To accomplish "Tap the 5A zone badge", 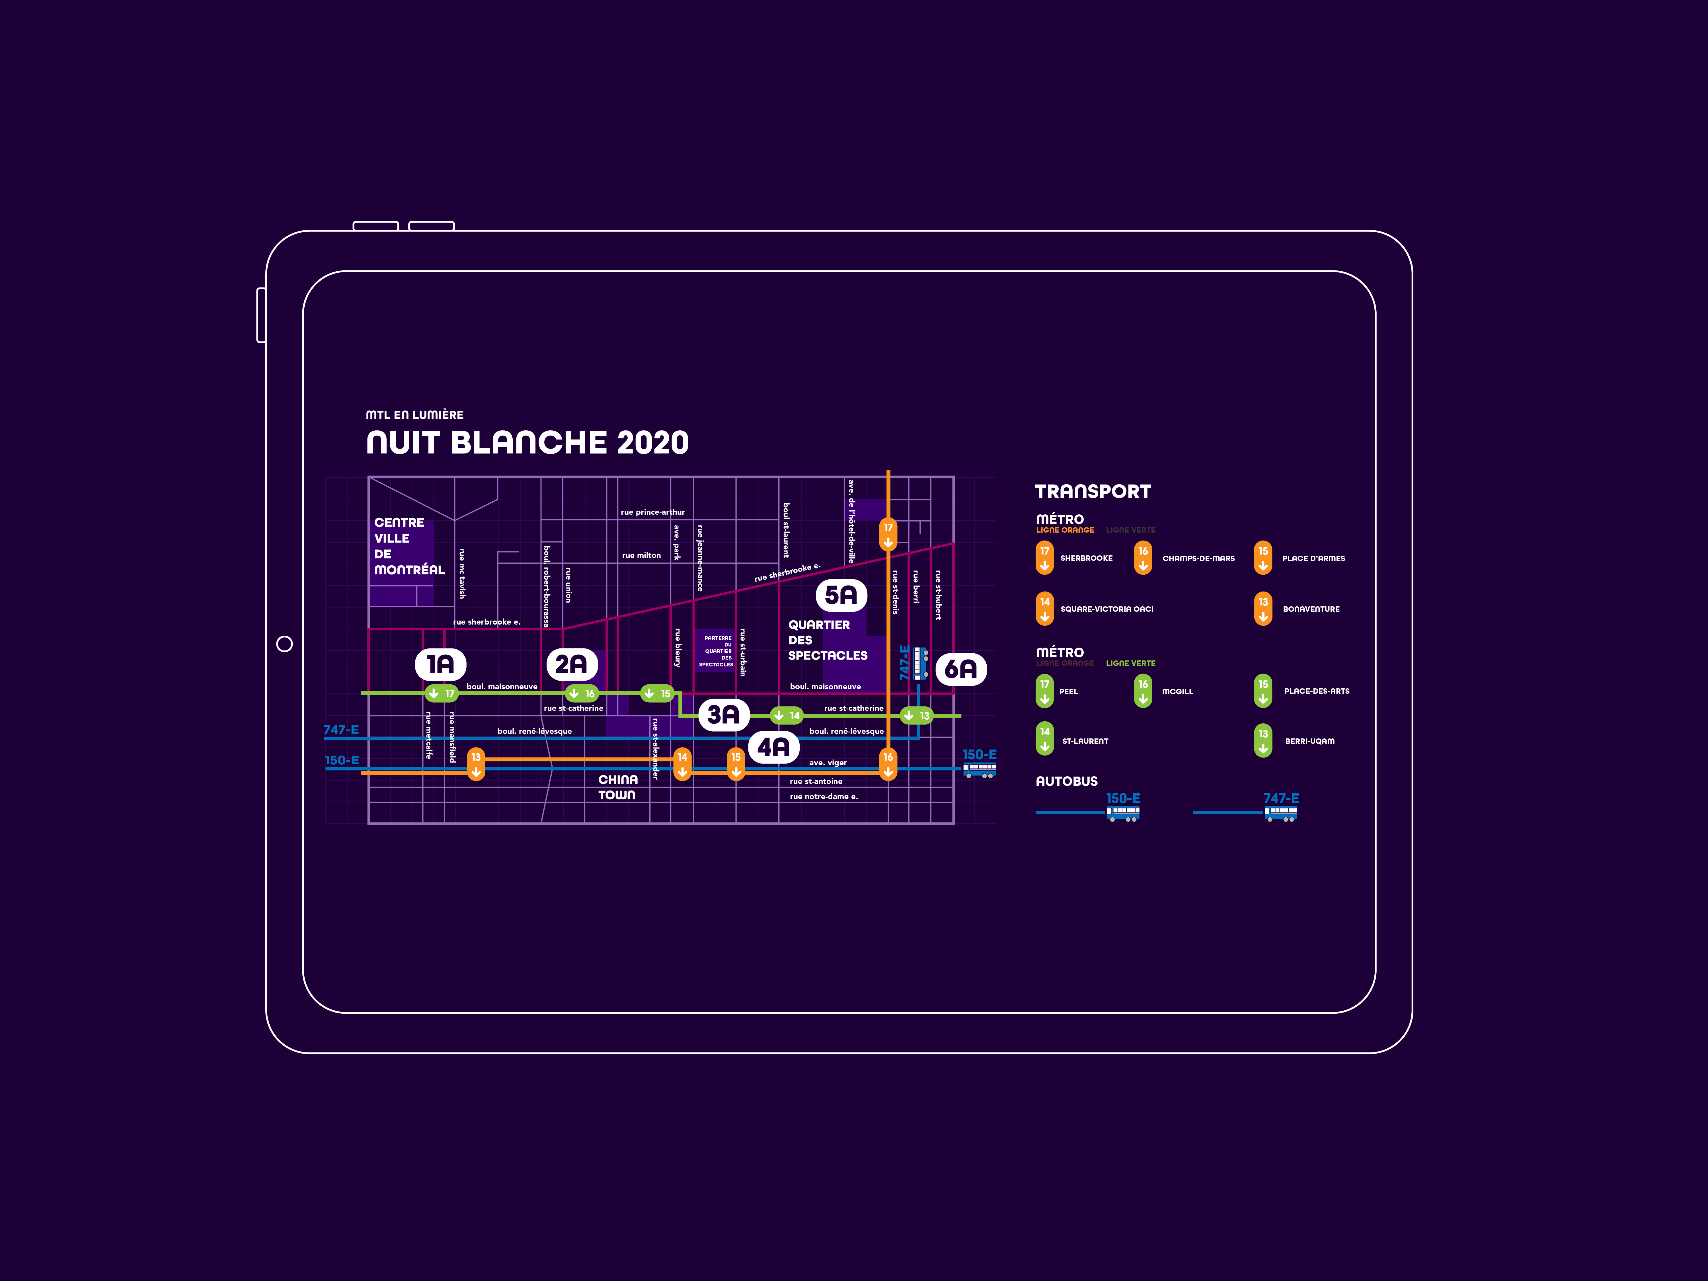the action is [841, 595].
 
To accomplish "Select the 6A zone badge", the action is [960, 669].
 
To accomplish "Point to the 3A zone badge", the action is [723, 715].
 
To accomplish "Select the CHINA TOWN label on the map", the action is [618, 787].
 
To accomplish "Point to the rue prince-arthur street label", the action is [652, 512].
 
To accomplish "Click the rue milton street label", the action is [641, 555].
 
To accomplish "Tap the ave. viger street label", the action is [828, 763].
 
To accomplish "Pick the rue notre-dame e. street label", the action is [823, 796].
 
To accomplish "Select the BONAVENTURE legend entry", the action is [1311, 609].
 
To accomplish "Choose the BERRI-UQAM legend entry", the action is [1309, 741].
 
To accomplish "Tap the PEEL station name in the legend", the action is [1069, 692].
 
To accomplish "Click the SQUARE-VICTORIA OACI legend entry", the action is [1106, 609].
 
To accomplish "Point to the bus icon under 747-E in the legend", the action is [1280, 815].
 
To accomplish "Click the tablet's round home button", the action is [284, 644].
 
